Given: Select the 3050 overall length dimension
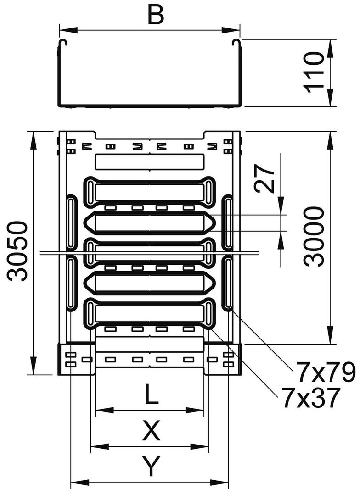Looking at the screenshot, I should point(17,251).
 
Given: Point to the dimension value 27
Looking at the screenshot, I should point(265,179).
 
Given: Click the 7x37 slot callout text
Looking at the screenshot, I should point(311,395).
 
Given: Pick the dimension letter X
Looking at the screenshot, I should point(151,431).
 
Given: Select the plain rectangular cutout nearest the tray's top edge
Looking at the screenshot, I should point(149,162).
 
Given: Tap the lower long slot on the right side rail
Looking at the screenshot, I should point(228,283).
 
